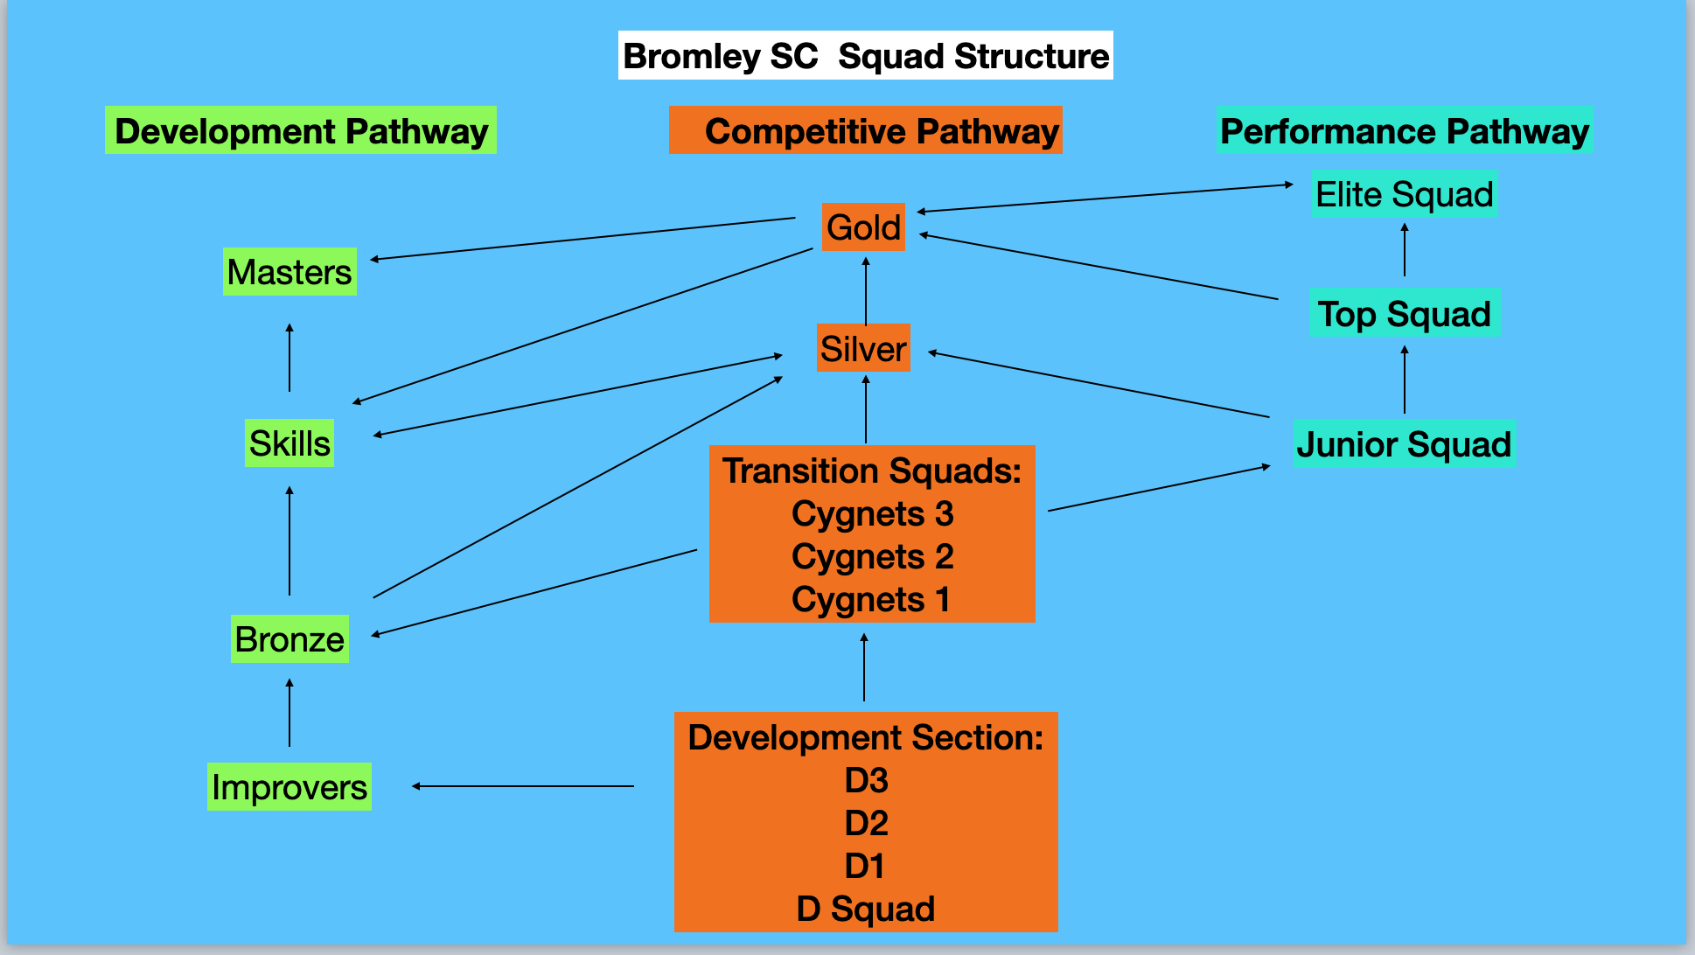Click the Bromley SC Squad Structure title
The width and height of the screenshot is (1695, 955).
pyautogui.click(x=865, y=56)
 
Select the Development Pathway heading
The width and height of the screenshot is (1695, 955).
pyautogui.click(x=301, y=131)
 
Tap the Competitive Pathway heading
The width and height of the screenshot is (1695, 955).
pyautogui.click(x=865, y=131)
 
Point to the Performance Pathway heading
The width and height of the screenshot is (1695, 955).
pyautogui.click(x=1404, y=131)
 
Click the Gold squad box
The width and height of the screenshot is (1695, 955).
pyautogui.click(x=863, y=227)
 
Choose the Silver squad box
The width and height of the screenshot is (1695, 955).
pyautogui.click(x=863, y=349)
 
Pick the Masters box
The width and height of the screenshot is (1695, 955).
pyautogui.click(x=289, y=272)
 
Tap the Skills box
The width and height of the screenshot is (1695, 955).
pyautogui.click(x=289, y=443)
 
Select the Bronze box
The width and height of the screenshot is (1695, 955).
pyautogui.click(x=289, y=639)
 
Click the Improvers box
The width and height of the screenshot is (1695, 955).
pyautogui.click(x=289, y=787)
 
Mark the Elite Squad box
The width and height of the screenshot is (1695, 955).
pyautogui.click(x=1405, y=194)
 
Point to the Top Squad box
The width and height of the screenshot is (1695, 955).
pyautogui.click(x=1405, y=314)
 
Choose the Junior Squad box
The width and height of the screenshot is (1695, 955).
pyautogui.click(x=1404, y=444)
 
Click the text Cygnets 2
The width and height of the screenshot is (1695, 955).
pyautogui.click(x=872, y=557)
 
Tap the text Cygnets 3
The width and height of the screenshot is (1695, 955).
pyautogui.click(x=872, y=514)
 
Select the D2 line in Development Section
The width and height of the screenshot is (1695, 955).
pyautogui.click(x=866, y=823)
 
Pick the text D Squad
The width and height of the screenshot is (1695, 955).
pyautogui.click(x=866, y=909)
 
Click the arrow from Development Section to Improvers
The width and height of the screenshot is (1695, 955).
pyautogui.click(x=523, y=786)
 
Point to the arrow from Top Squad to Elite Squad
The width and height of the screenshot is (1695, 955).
pyautogui.click(x=1405, y=250)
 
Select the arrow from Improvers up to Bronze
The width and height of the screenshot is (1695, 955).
pyautogui.click(x=289, y=713)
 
